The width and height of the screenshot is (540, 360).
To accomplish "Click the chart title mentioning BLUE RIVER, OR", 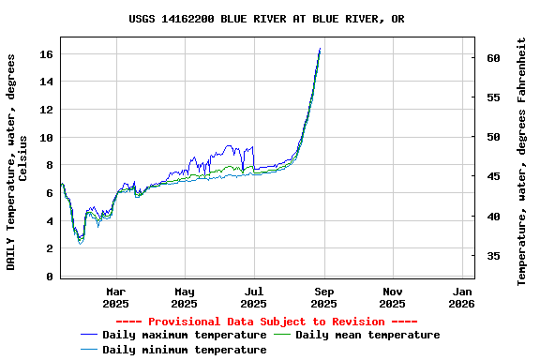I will click(267, 19).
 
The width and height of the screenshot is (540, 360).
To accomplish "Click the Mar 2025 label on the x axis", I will click(115, 297).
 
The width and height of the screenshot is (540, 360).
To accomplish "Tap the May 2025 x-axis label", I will click(185, 297).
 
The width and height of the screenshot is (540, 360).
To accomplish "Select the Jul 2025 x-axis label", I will click(254, 297).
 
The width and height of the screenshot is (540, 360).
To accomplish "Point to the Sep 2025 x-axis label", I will click(323, 297).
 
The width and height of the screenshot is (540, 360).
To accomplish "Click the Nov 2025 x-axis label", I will click(393, 297).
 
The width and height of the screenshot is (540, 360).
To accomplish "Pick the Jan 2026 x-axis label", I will click(461, 297).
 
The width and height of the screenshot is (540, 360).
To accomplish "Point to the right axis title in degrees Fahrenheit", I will click(522, 161).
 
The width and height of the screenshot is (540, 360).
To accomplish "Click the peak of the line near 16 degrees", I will click(320, 49).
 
